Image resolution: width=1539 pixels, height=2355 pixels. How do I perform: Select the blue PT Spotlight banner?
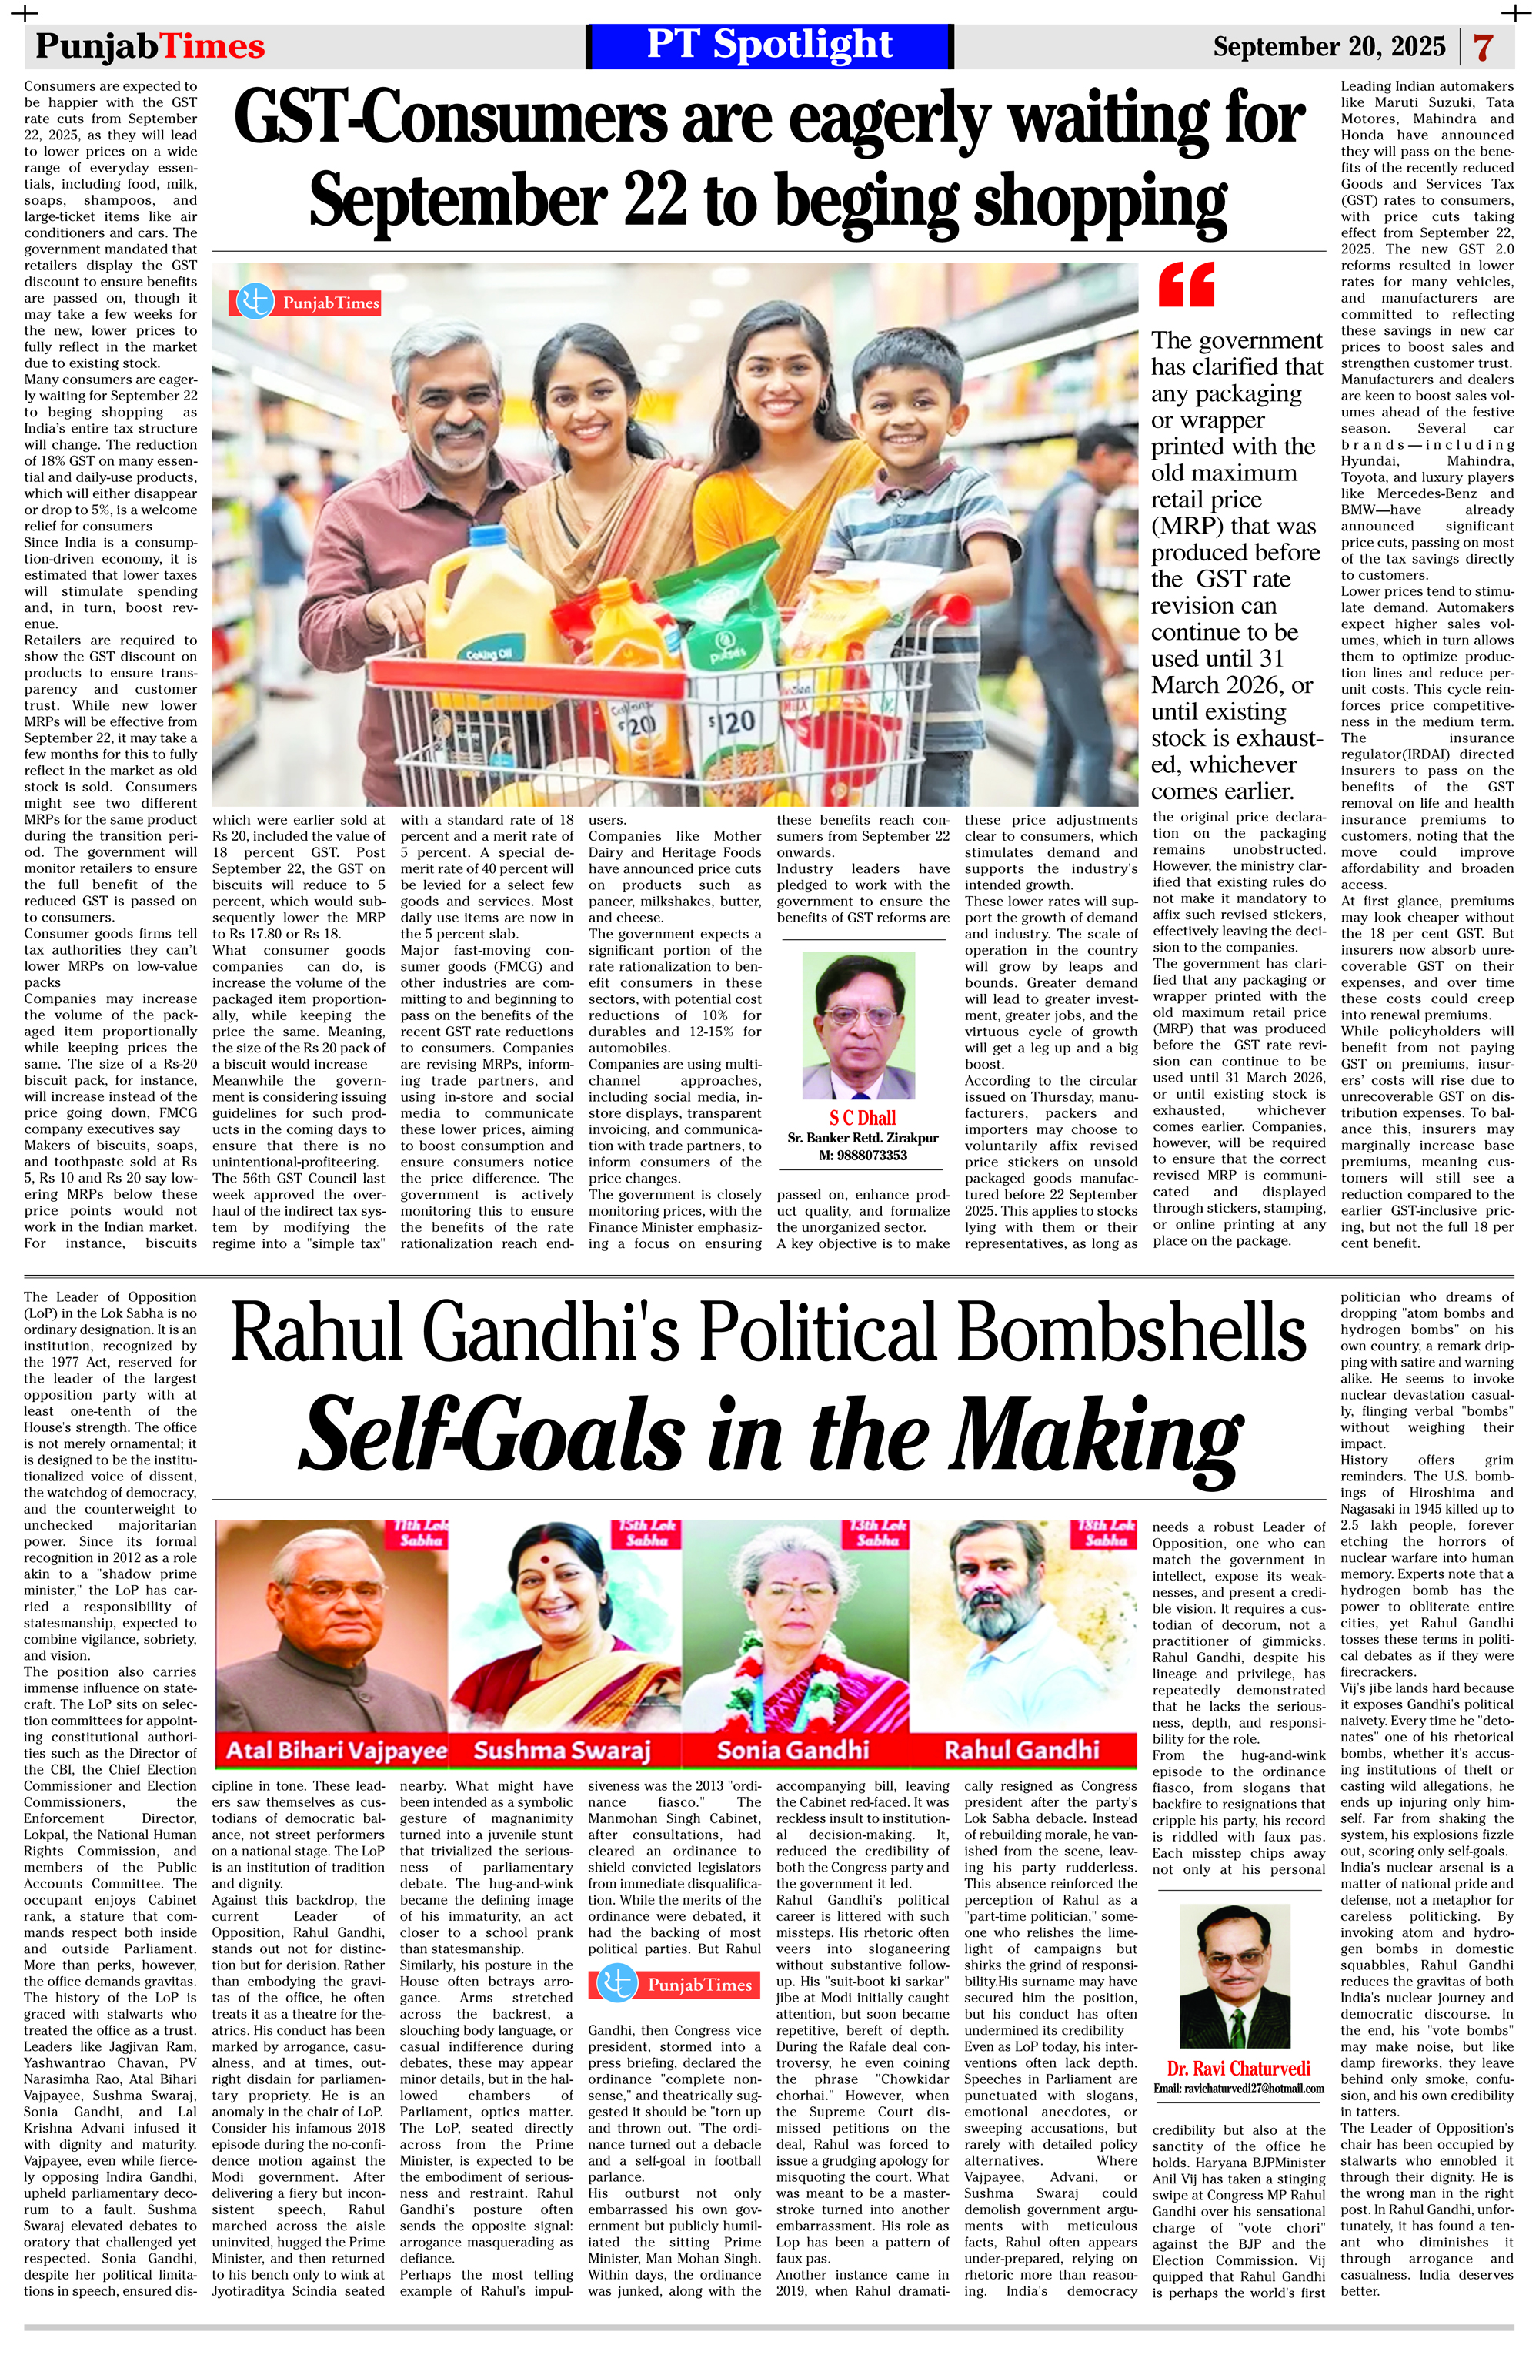pyautogui.click(x=769, y=45)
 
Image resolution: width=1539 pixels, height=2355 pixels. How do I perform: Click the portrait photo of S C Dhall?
pyautogui.click(x=859, y=1025)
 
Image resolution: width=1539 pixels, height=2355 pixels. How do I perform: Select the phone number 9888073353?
pyautogui.click(x=863, y=1155)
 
